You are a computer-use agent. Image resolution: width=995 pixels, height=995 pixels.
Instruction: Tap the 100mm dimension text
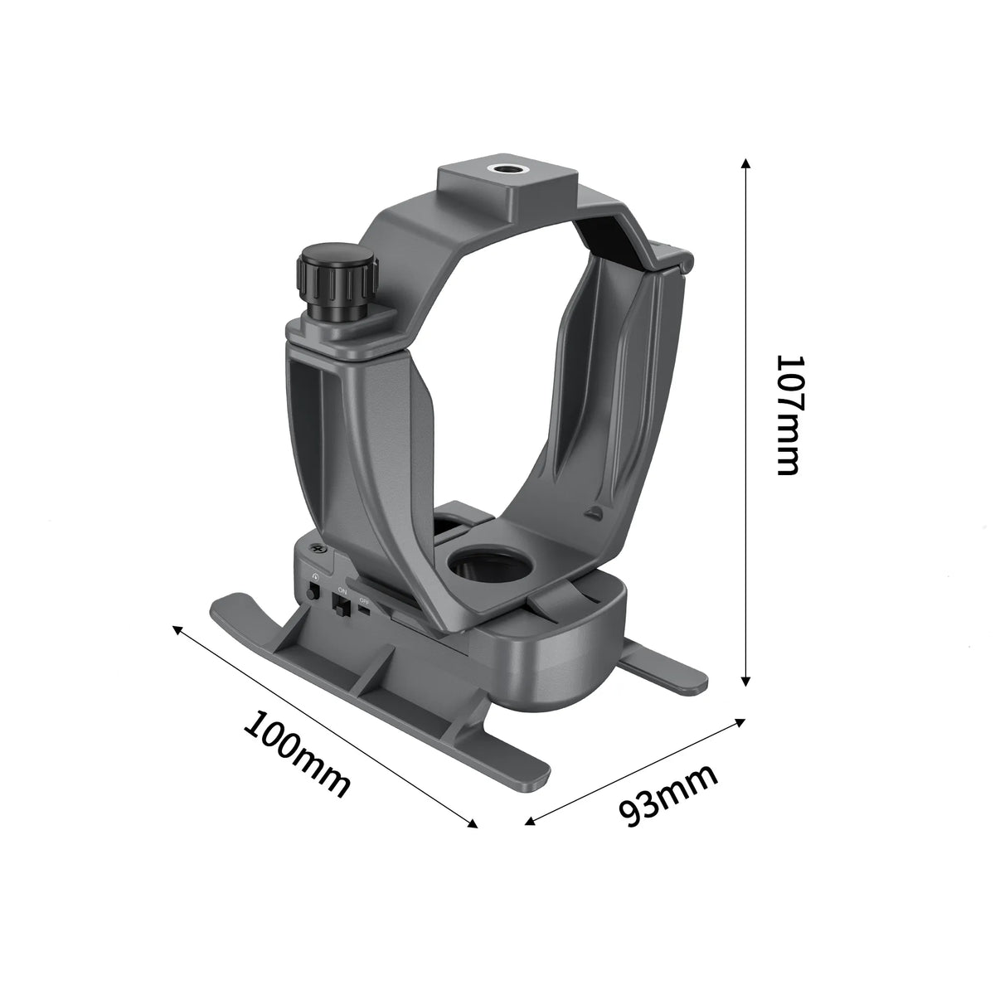297,755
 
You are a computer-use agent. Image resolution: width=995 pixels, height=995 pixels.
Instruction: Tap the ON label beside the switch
342,590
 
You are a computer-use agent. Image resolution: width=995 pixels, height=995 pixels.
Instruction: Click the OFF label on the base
364,600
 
